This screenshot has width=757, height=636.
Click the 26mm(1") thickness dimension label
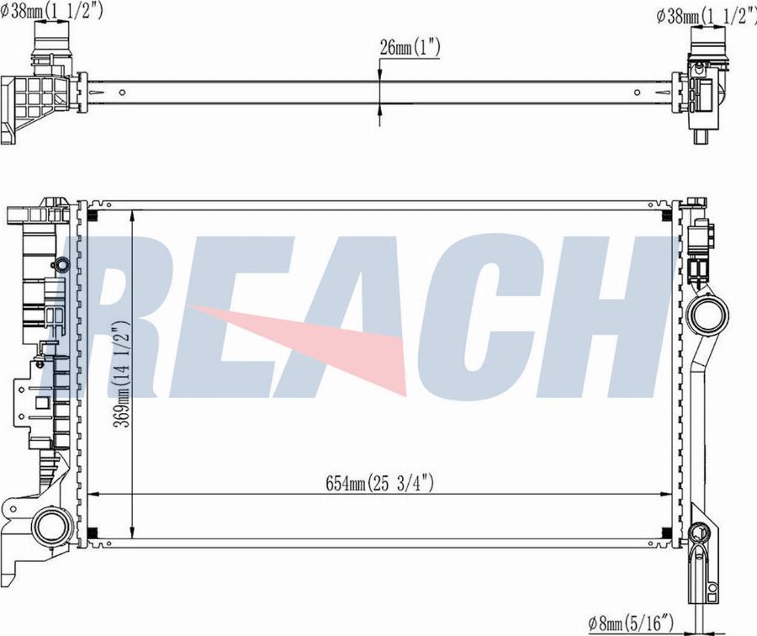click(x=410, y=47)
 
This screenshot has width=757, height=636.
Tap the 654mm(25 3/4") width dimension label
click(x=379, y=482)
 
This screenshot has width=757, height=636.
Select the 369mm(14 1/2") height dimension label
click(x=122, y=374)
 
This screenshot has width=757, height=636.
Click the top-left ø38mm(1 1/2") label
click(x=51, y=9)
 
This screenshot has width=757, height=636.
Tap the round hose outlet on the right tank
click(x=707, y=315)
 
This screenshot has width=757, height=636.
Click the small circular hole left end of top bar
click(x=122, y=93)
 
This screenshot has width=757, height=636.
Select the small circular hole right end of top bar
click(x=638, y=93)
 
